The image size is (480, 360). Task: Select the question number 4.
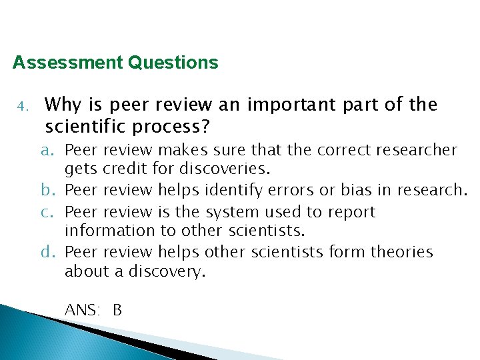click(21, 107)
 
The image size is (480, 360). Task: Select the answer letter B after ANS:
click(117, 310)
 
